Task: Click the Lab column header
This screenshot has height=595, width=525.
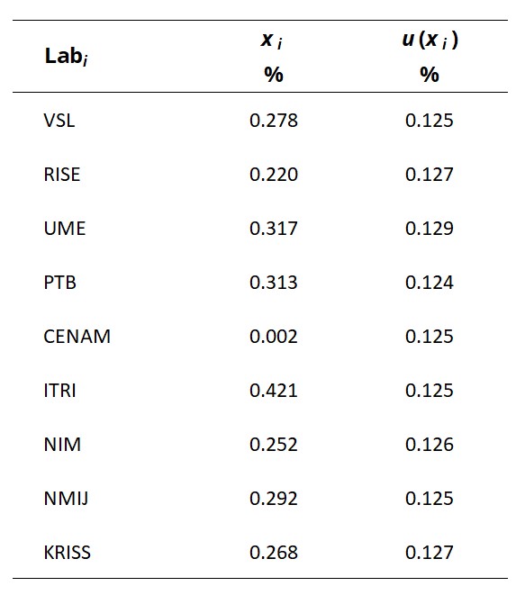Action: [67, 56]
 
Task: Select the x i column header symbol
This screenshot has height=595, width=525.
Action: [271, 41]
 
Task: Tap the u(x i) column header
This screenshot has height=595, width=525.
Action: [430, 40]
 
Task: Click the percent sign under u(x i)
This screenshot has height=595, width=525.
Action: [430, 75]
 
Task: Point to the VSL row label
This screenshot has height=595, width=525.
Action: [59, 121]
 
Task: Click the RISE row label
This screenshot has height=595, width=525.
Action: [62, 175]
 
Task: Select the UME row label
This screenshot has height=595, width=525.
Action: [65, 229]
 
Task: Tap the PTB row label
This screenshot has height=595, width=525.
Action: [60, 283]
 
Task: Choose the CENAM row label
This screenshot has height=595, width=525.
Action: [77, 337]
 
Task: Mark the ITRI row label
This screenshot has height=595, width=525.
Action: [60, 391]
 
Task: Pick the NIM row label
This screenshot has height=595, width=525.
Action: [62, 445]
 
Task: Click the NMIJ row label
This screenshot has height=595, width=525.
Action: [66, 499]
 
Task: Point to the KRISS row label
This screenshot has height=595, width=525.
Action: [68, 553]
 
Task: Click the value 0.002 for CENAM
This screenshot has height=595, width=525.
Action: [274, 337]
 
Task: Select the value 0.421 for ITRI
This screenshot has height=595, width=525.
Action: [274, 391]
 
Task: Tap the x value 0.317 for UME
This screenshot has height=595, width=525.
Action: [274, 229]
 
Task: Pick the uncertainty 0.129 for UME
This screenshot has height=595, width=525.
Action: [430, 229]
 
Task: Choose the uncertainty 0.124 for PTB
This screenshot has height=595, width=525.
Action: [430, 283]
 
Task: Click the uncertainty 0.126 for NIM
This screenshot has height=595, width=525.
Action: [430, 445]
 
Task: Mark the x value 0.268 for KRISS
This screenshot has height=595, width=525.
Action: [274, 553]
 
